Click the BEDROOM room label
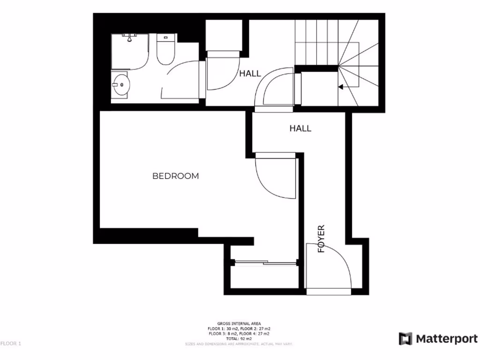[176, 176]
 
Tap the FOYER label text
[322, 239]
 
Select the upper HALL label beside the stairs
[250, 74]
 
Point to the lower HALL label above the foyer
[300, 128]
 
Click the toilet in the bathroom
[165, 50]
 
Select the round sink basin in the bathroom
[121, 85]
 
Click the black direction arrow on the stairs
[341, 87]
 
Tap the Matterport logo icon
[405, 339]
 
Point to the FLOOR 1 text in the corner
[11, 344]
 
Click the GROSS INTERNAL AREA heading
[239, 323]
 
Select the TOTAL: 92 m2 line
[239, 338]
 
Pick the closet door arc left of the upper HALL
[223, 73]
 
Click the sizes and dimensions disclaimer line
[239, 344]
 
